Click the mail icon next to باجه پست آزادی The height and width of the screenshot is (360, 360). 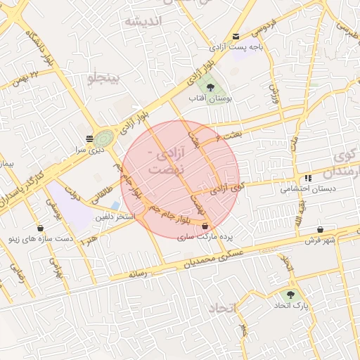coord(236,37)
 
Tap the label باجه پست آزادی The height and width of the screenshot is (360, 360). coord(236,47)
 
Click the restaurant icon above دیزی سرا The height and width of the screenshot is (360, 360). coord(89,139)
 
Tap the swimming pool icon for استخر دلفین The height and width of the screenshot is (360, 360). coord(115,205)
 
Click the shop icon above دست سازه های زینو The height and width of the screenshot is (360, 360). coord(40,229)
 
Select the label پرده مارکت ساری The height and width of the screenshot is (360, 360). coord(204,238)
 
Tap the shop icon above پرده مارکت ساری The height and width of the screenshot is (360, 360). coord(205,227)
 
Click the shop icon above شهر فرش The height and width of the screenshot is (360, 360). coord(321,229)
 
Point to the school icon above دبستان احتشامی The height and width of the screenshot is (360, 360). coord(308,178)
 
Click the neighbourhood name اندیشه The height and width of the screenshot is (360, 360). coord(143,21)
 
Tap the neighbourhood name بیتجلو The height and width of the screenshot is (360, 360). coord(104,77)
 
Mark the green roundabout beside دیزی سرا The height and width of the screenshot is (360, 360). coord(104,138)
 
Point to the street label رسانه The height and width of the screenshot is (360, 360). coord(138,274)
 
